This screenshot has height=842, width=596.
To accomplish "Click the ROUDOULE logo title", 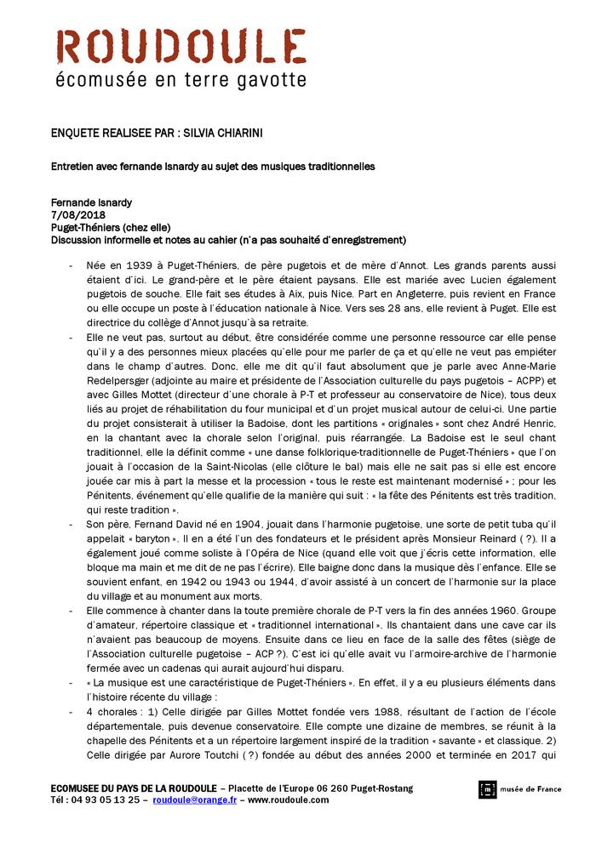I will click(181, 46).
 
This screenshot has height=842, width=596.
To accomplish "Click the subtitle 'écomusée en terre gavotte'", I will click(181, 81).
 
